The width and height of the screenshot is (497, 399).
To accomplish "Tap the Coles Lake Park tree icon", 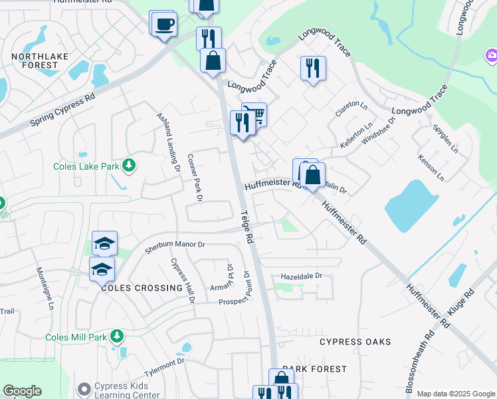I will [129, 165].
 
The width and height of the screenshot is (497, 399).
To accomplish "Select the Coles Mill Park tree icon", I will [118, 336].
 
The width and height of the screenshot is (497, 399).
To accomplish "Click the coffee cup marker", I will [164, 25].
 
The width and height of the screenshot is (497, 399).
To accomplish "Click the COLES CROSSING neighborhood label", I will [142, 288].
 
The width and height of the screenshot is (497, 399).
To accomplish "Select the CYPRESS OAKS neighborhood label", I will [355, 342].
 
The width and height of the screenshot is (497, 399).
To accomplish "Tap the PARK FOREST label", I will [314, 368].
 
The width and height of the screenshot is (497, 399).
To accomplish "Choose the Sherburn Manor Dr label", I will [175, 247].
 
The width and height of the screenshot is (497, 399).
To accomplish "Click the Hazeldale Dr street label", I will [301, 275].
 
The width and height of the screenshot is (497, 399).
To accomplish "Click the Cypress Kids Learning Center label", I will [127, 391].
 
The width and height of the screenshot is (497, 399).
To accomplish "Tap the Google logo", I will [22, 391].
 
